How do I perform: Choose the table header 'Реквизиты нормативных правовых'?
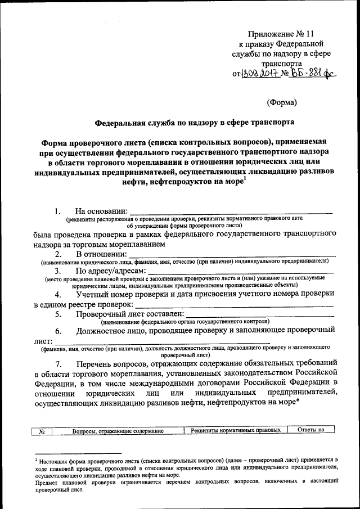pos(236,431)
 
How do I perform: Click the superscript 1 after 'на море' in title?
pos(245,179)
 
